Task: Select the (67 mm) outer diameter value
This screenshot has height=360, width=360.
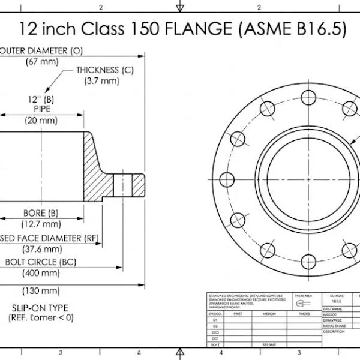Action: coord(41,61)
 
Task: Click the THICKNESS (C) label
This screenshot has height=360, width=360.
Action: coord(104,70)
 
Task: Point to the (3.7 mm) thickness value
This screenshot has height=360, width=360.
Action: coord(101,81)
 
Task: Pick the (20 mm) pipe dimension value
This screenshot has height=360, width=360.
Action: coord(41,121)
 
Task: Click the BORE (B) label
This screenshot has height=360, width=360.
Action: coord(41,213)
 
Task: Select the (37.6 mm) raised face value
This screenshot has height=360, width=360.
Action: coord(41,249)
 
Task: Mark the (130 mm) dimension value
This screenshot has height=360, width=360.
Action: coord(41,291)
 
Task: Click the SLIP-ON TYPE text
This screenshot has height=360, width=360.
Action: coord(40,308)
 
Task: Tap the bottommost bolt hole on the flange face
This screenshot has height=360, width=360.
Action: coord(308,261)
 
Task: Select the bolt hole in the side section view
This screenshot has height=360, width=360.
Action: coord(127,181)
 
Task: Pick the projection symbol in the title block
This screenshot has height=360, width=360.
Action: coord(300,303)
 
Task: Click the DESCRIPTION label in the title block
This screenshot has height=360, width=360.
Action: coord(334,331)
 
